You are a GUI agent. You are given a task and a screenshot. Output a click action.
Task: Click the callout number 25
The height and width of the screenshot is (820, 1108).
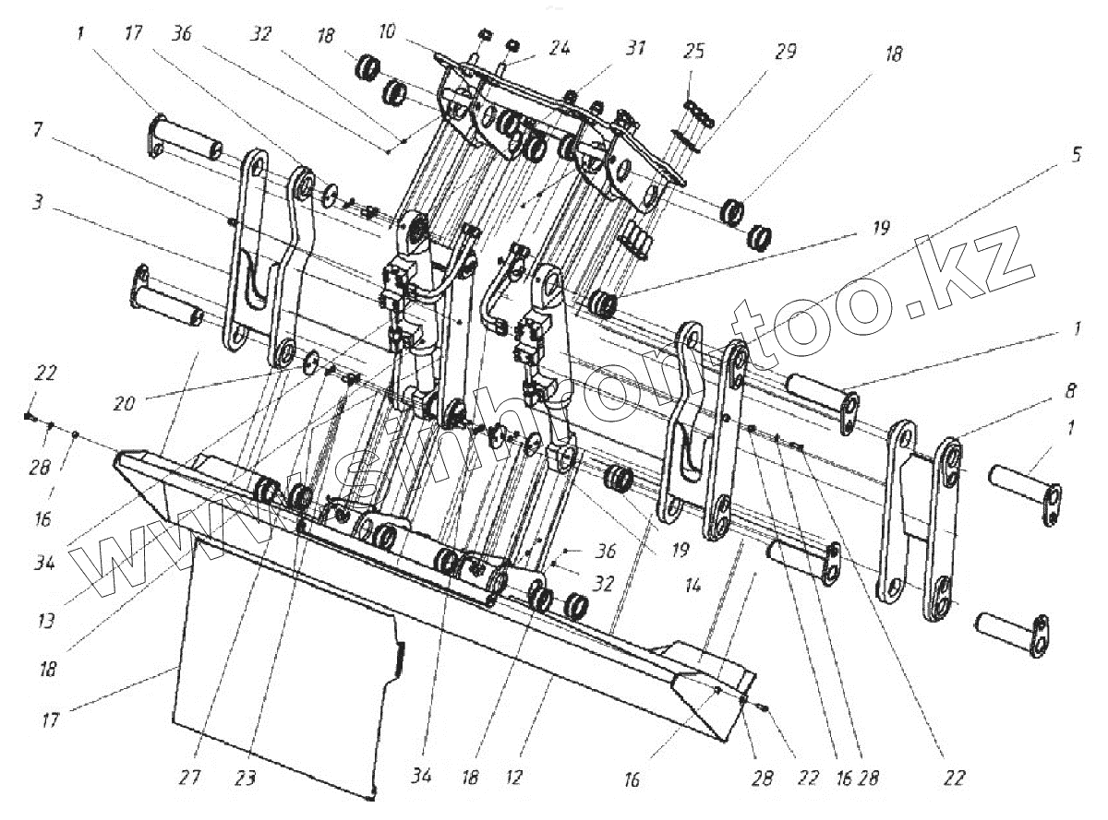[x=694, y=52]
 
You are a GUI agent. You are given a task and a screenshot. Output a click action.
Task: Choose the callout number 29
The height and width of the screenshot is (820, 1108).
[x=786, y=52]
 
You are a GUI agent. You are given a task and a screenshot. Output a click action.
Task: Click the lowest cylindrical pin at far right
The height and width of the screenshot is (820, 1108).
[x=1012, y=634]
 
